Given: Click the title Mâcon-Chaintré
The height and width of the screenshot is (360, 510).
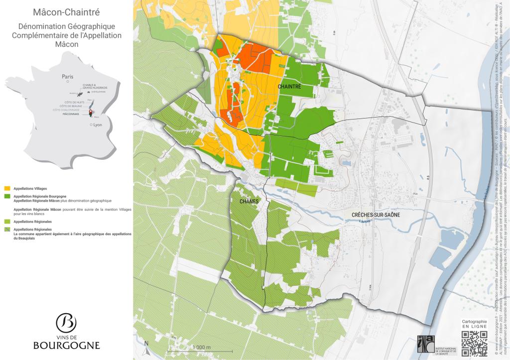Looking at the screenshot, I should click(x=66, y=11).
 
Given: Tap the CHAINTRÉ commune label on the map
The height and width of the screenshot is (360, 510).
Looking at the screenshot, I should click(x=289, y=87).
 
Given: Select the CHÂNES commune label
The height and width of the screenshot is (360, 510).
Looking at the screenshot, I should click(x=249, y=202).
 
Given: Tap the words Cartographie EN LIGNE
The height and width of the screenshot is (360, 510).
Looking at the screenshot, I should click(x=474, y=325).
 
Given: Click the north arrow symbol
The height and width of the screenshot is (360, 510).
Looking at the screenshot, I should click(x=146, y=344).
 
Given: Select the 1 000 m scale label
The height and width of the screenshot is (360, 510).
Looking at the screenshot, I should click(x=201, y=347).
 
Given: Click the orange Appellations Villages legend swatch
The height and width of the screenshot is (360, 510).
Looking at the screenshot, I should click(x=7, y=189).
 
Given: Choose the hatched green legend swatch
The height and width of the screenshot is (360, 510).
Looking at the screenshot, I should click(x=7, y=230).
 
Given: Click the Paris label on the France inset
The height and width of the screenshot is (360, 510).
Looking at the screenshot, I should click(x=67, y=77).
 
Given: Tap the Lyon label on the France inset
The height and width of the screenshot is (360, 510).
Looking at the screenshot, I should click(x=97, y=125).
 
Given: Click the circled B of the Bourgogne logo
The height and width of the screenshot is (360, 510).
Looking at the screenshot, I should click(x=66, y=323).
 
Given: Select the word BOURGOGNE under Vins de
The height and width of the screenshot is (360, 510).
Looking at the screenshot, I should click(x=66, y=345).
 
